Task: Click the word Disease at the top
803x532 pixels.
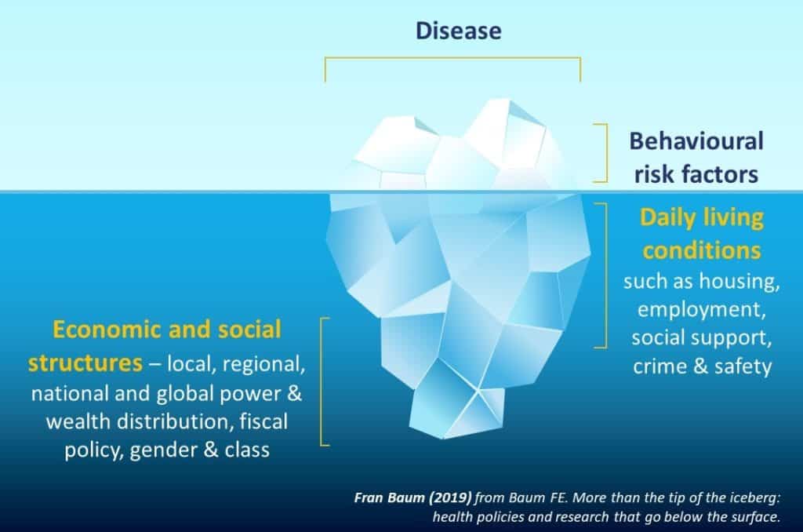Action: pos(458,31)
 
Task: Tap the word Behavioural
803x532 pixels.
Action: pos(696,141)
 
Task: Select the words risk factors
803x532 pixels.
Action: pos(696,173)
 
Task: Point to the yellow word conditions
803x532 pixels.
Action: pos(702,250)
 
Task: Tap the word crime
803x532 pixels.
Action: pos(659,366)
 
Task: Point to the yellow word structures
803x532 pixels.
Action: pos(85,363)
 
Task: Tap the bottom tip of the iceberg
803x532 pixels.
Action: pos(441,438)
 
